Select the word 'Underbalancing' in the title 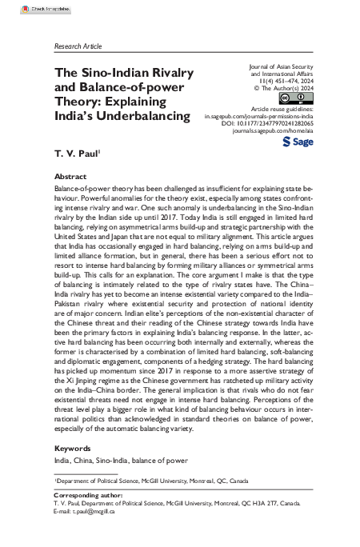click(x=142, y=116)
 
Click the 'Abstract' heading click(x=70, y=176)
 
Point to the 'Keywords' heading click(x=74, y=449)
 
